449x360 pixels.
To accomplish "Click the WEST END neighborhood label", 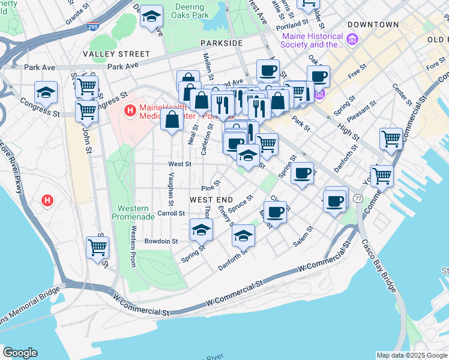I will (x=211, y=199).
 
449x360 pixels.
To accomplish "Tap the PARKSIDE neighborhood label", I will (x=221, y=43).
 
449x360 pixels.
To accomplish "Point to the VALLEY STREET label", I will (x=116, y=54).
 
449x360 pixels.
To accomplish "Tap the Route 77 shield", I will (x=358, y=198).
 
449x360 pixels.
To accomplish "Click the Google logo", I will (x=20, y=353).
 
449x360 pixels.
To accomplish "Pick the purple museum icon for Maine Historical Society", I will (x=352, y=40).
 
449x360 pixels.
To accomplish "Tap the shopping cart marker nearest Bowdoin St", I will (x=97, y=246).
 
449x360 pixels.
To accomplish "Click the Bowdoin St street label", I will (x=161, y=241).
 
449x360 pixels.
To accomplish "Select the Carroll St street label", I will (x=170, y=213).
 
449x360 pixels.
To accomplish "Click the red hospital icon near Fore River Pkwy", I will (x=46, y=200).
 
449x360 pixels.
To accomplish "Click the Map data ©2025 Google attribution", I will (x=412, y=355).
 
